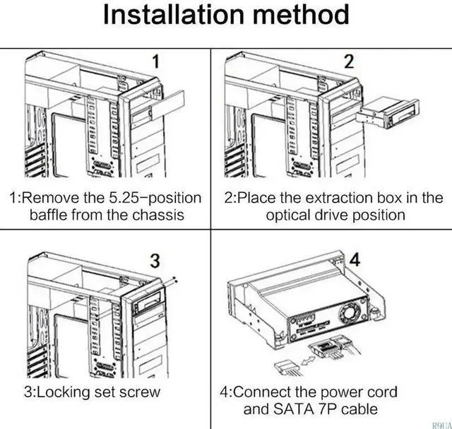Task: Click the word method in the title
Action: click(301, 15)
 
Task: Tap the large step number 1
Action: click(155, 61)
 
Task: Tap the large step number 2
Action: click(349, 61)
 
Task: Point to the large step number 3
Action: click(155, 261)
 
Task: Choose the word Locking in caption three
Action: click(62, 392)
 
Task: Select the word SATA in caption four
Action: click(293, 409)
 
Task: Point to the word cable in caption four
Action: click(359, 409)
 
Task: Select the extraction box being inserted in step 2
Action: click(388, 114)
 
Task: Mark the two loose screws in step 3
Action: click(174, 279)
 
